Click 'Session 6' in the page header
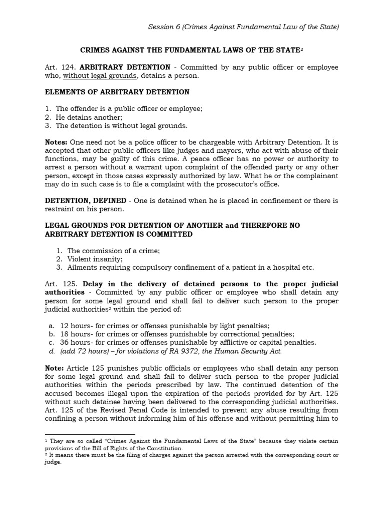[x=163, y=27]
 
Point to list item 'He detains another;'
[x=89, y=117]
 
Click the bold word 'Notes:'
[x=56, y=142]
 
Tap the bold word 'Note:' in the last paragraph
[x=55, y=368]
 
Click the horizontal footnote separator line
[x=90, y=434]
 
